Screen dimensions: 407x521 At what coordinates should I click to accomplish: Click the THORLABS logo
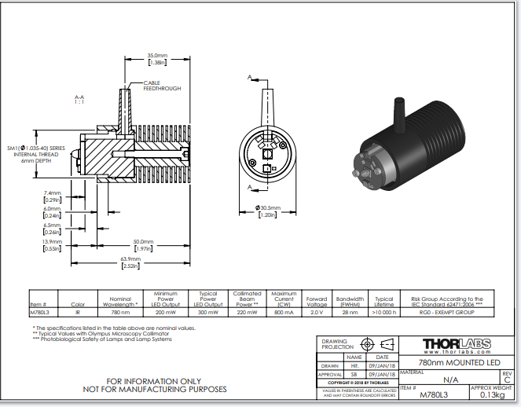pos(457,344)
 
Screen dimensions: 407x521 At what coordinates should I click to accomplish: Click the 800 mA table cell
pos(284,313)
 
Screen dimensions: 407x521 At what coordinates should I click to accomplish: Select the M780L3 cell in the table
pos(39,313)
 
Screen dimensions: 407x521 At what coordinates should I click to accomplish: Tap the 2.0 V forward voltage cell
pos(317,313)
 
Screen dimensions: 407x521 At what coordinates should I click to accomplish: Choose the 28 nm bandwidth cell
pos(350,313)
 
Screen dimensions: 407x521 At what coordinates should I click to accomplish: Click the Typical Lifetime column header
pos(384,302)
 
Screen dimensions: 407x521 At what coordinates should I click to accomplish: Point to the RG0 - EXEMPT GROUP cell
pos(446,313)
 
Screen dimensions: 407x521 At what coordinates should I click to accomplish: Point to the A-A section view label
pos(79,99)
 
